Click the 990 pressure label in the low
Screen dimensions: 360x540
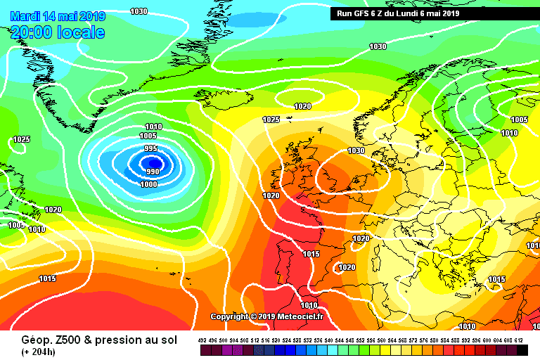[153, 172]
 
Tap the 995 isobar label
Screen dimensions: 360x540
[151, 148]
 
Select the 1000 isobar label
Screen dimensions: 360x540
[149, 184]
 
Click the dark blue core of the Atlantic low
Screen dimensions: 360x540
[155, 164]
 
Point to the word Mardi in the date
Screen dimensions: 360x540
[26, 16]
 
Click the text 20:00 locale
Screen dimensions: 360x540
[58, 32]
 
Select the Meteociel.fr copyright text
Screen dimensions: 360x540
[268, 316]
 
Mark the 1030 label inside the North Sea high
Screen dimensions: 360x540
[356, 151]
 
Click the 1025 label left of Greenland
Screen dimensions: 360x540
[22, 139]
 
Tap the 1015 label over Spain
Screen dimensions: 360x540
[311, 254]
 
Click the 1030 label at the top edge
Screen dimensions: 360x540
[139, 11]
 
